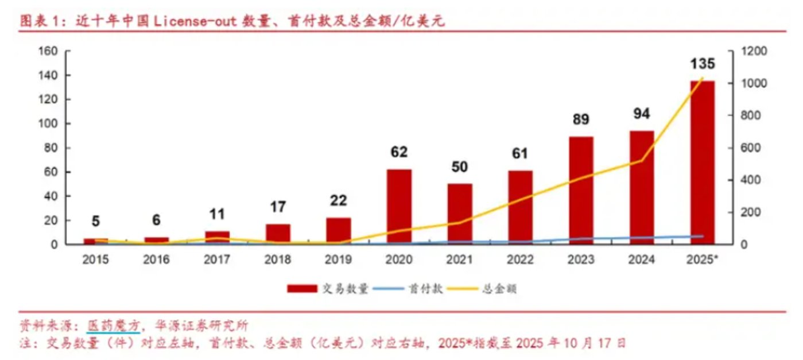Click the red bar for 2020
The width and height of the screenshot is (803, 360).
[x=399, y=207]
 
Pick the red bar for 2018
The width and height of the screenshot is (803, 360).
[x=278, y=234]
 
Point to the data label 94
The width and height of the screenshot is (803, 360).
[x=641, y=114]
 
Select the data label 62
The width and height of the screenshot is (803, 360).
[x=399, y=152]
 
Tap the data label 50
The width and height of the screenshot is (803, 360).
[x=460, y=167]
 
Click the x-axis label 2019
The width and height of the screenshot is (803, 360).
[x=338, y=260]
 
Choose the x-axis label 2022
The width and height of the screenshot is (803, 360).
[x=520, y=260]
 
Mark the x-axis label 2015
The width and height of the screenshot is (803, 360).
[x=96, y=260]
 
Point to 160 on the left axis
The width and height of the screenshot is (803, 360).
[x=48, y=51]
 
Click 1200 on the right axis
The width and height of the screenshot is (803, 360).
[x=752, y=51]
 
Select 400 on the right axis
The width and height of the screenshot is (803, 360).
[x=750, y=180]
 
